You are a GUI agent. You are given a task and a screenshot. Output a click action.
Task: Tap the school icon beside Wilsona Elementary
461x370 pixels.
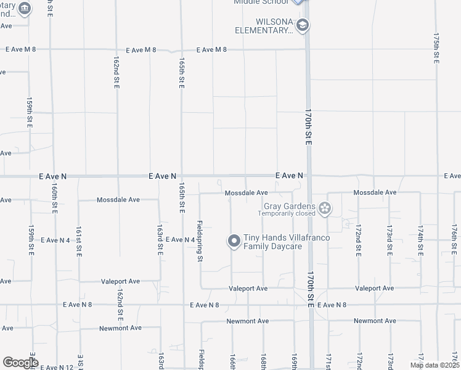point(302,25)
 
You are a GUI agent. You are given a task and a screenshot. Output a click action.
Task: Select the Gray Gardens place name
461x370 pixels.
point(289,207)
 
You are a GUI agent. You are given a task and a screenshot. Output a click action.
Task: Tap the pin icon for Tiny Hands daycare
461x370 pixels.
point(234,241)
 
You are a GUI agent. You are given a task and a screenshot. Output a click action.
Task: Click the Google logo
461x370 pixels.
point(20,362)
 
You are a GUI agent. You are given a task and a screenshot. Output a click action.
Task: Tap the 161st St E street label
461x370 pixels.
point(78,241)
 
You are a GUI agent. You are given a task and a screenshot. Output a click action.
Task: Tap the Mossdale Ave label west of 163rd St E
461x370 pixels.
point(118,200)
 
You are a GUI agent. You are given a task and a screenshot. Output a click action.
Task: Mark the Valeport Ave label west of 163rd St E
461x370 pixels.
point(121,281)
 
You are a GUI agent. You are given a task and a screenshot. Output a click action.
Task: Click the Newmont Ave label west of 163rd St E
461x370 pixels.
point(120,328)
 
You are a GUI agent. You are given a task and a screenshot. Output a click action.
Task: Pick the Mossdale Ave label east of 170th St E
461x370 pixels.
point(375,192)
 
